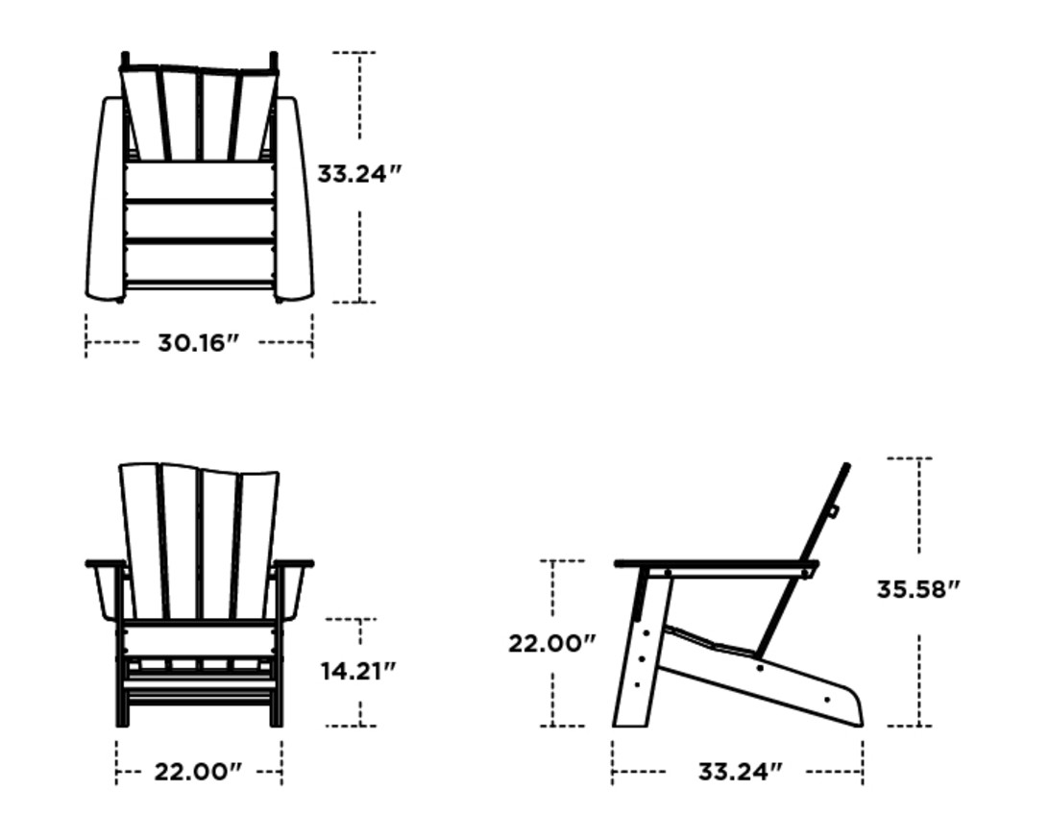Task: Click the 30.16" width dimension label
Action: [x=198, y=342]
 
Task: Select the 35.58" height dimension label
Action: [x=917, y=589]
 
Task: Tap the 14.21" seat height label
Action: [x=358, y=670]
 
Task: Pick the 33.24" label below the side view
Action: [x=740, y=771]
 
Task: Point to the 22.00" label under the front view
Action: [x=198, y=771]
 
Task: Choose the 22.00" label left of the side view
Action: [x=552, y=643]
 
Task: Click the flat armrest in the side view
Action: [x=716, y=564]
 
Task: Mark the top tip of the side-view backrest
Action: [x=846, y=467]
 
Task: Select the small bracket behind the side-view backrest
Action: [x=833, y=510]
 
